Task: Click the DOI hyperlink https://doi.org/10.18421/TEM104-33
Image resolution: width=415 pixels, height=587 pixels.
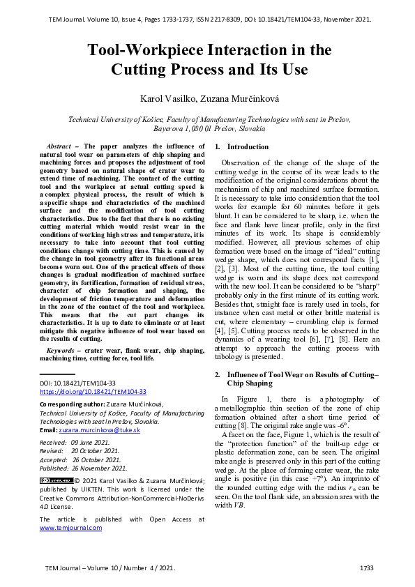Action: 92,392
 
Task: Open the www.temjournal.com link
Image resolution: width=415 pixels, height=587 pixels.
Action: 70,528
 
